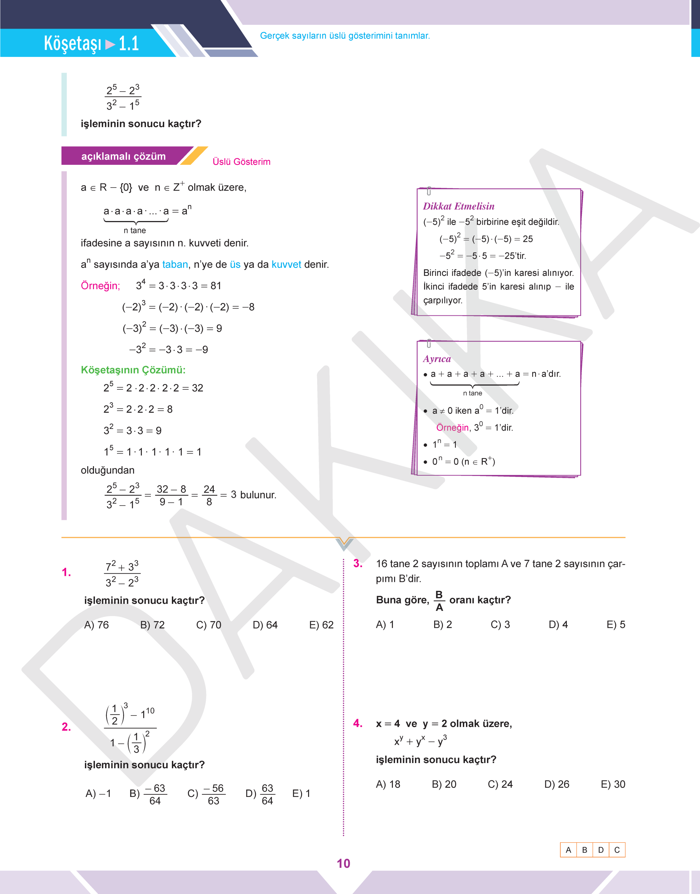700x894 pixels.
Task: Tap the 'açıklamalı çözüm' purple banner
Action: (x=123, y=156)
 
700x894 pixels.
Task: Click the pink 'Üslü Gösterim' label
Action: (x=241, y=162)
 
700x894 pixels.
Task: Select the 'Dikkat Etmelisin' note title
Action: (x=459, y=206)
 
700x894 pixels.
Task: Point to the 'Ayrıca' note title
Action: (x=437, y=359)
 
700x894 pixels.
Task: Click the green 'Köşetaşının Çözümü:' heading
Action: (x=133, y=370)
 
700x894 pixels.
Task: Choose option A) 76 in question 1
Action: (x=96, y=625)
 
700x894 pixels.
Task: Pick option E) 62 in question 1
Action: (x=321, y=625)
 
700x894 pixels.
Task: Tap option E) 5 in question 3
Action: (x=615, y=624)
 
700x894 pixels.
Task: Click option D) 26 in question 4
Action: (x=556, y=784)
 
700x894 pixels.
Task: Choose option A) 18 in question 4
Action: (x=388, y=784)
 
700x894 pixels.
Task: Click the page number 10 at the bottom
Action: (x=343, y=863)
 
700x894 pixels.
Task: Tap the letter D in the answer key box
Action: (x=601, y=850)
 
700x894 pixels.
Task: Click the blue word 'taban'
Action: (x=175, y=264)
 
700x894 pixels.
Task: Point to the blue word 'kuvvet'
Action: (x=286, y=264)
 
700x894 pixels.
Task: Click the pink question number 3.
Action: (x=358, y=563)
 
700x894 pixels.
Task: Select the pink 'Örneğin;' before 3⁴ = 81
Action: (x=100, y=286)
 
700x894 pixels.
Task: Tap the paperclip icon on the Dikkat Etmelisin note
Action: (x=429, y=191)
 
